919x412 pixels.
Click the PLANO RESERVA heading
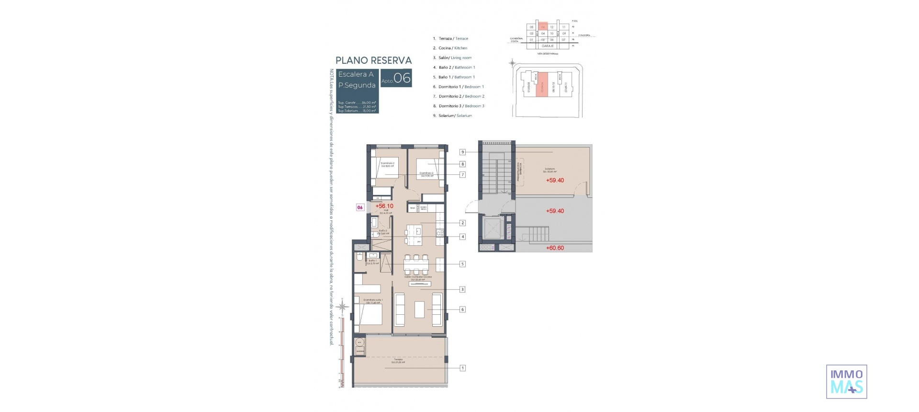373,60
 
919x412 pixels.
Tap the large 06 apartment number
402,78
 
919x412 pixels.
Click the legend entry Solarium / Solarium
455,115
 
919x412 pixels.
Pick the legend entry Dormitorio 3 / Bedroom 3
461,106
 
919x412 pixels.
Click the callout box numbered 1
462,368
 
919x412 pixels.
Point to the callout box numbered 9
462,152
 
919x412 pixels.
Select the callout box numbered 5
462,264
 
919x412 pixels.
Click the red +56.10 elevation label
384,206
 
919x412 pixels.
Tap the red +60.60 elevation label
555,248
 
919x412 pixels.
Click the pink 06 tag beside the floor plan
360,207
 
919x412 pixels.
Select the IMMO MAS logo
846,382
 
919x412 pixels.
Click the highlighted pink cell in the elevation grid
543,27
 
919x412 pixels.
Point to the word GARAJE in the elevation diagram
548,46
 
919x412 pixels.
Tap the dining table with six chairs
415,264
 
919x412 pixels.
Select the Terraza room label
398,360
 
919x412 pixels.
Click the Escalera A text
356,74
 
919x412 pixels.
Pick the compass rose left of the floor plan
342,307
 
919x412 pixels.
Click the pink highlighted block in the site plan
542,84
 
